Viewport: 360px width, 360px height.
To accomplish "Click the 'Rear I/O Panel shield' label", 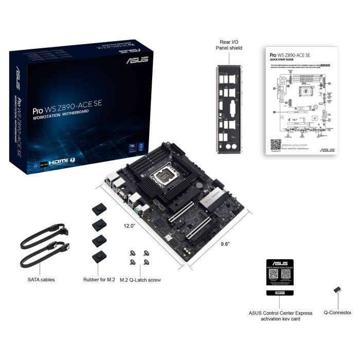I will pyautogui.click(x=229, y=45).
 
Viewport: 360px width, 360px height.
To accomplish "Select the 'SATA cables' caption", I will pyautogui.click(x=41, y=280).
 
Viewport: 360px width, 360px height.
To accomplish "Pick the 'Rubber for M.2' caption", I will pyautogui.click(x=100, y=280).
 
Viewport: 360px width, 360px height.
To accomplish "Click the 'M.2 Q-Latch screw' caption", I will pyautogui.click(x=140, y=280).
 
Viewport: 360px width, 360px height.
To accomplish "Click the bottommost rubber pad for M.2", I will pyautogui.click(x=98, y=257).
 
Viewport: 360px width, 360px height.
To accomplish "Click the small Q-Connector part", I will pyautogui.click(x=338, y=291).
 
